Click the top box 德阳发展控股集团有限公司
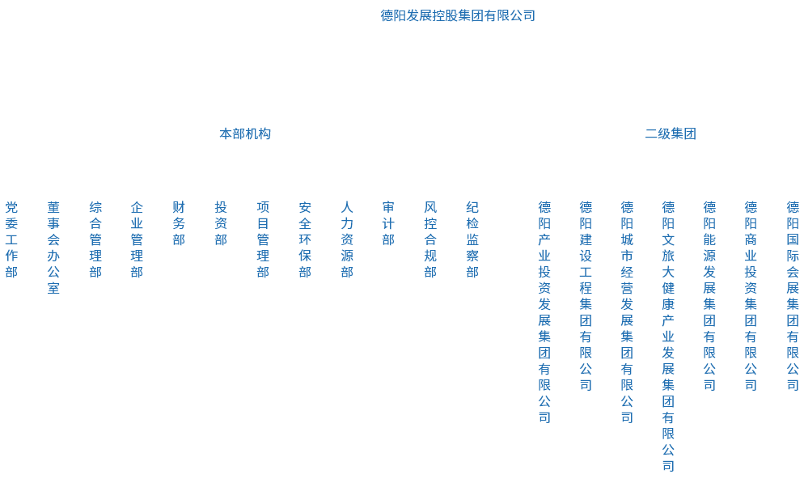[x=457, y=15]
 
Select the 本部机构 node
[x=245, y=133]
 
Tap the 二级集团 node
[x=670, y=133]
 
